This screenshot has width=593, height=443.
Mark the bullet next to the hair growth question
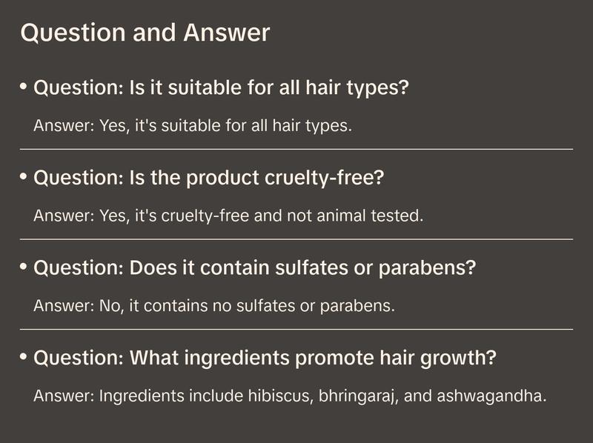pyautogui.click(x=24, y=356)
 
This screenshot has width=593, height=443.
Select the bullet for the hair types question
pyautogui.click(x=24, y=86)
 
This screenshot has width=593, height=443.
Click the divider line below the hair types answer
pyautogui.click(x=296, y=149)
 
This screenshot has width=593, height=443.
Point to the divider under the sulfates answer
pyautogui.click(x=296, y=329)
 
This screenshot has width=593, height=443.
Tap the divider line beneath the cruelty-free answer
pyautogui.click(x=296, y=239)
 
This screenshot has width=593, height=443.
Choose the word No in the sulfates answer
pyautogui.click(x=109, y=305)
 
